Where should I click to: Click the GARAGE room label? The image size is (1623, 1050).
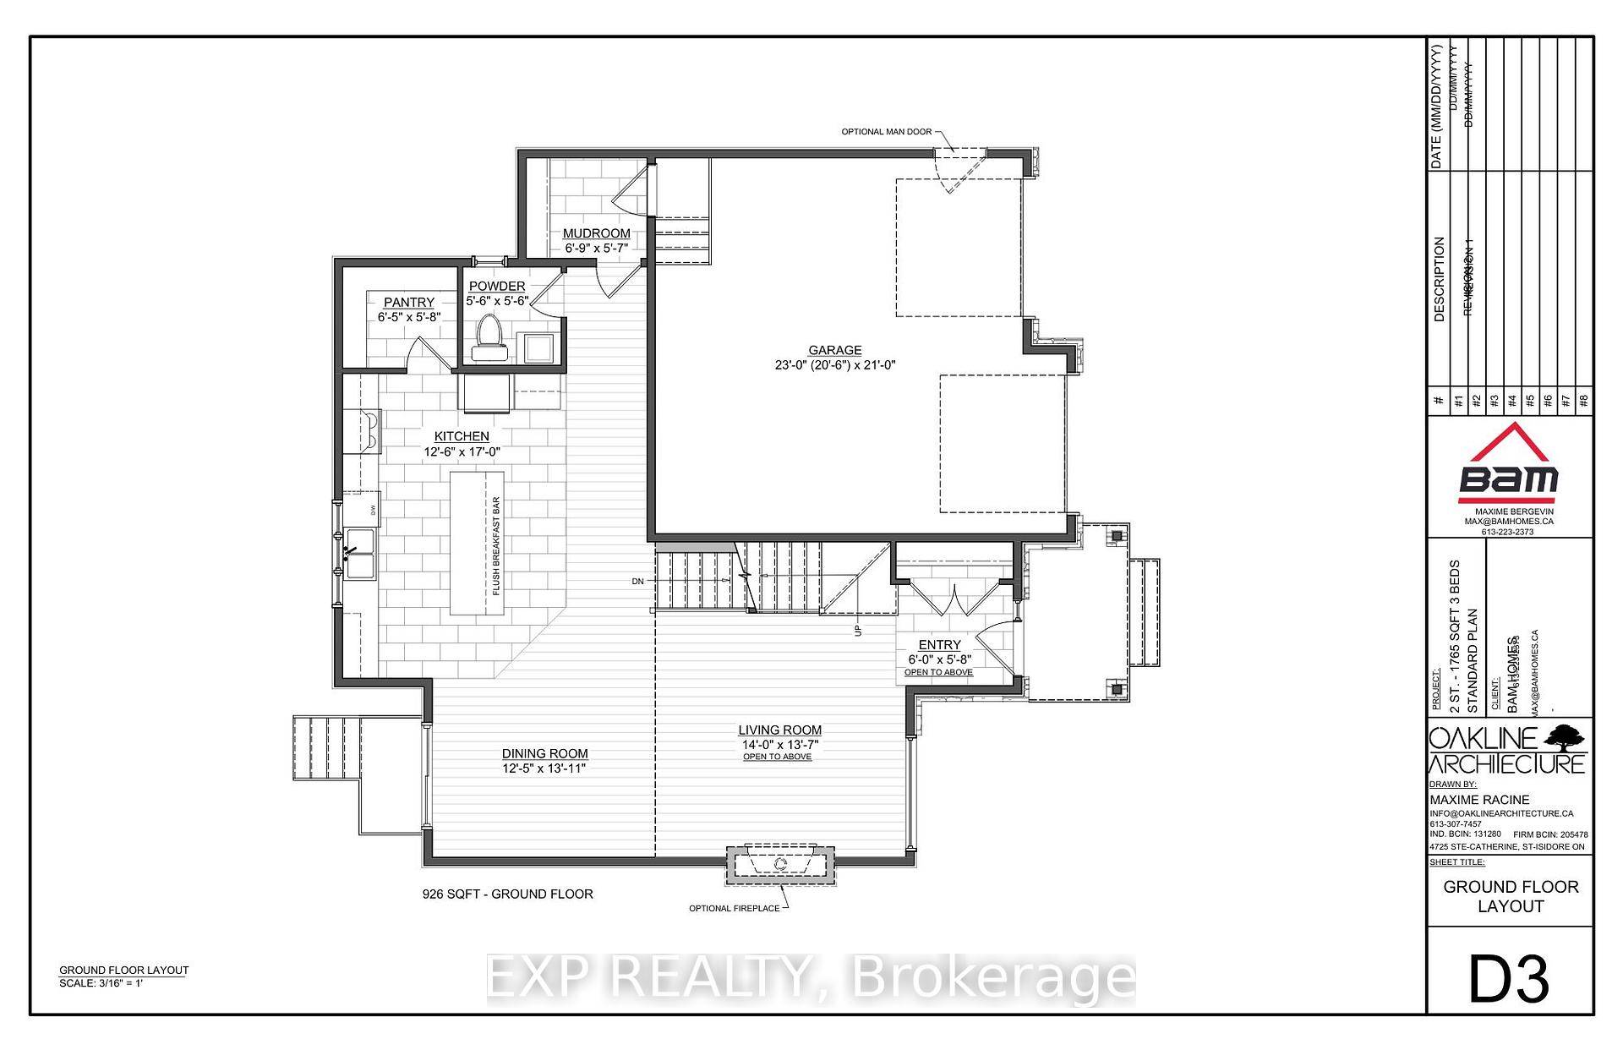(x=834, y=350)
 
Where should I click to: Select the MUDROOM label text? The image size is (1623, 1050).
(x=597, y=233)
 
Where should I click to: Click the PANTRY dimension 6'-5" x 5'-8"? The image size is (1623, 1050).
(x=409, y=317)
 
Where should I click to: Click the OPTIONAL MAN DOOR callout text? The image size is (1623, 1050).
(x=886, y=132)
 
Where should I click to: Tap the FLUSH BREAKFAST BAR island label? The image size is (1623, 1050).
(x=497, y=545)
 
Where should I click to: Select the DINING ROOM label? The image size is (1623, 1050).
(x=544, y=753)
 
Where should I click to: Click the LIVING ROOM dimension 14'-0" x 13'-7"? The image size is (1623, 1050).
(x=779, y=745)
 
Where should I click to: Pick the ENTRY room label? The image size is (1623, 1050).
(x=939, y=644)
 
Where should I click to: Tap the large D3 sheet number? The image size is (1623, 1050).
(x=1509, y=979)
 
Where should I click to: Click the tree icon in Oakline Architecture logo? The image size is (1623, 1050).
(x=1564, y=737)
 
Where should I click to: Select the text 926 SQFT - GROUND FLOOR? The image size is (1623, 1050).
(x=507, y=894)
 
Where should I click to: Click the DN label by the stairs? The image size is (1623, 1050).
(x=637, y=582)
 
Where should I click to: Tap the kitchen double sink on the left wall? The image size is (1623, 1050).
(x=359, y=553)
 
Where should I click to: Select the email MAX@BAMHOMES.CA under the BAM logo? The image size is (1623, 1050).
(x=1509, y=522)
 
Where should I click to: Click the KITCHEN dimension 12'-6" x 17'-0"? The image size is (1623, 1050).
(x=462, y=452)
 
